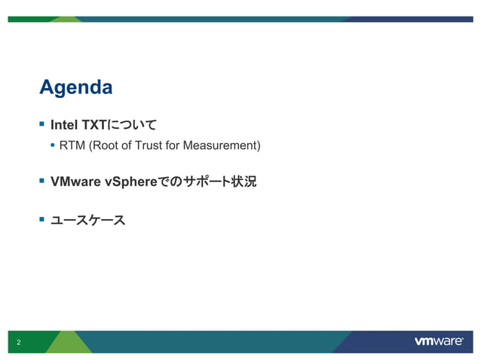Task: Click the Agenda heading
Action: coord(75,87)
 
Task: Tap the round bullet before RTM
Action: coord(52,145)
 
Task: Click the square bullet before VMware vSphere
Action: coord(42,181)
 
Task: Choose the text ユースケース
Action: coord(87,221)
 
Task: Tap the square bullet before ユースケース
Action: coord(42,220)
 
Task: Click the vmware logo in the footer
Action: coord(438,341)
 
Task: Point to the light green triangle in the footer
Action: coord(69,343)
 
